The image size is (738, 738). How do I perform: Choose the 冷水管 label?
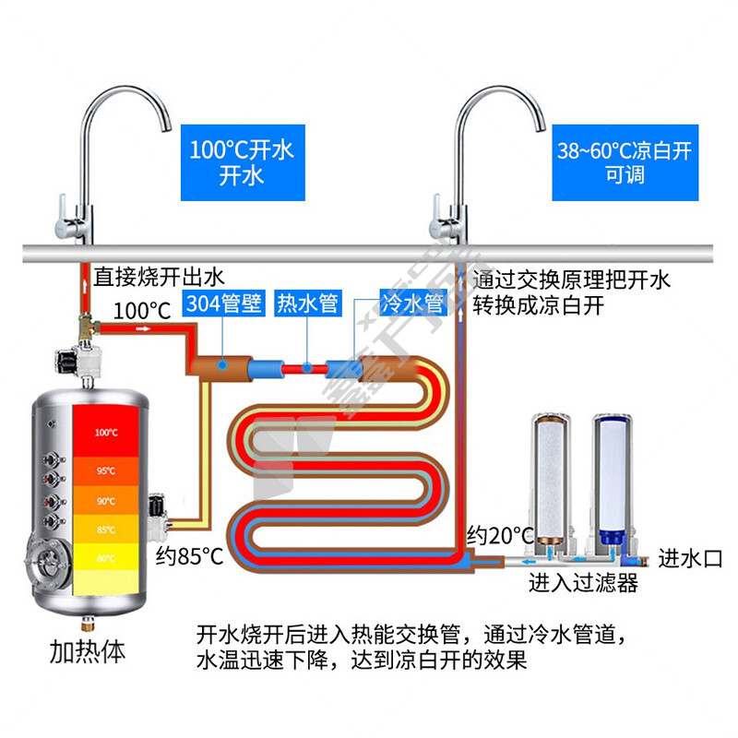coord(412,304)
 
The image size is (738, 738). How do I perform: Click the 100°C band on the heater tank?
coord(106,432)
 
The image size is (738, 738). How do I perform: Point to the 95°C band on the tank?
coord(106,470)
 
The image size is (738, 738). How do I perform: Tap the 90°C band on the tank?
coord(106,501)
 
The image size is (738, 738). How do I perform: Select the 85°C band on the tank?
coord(106,530)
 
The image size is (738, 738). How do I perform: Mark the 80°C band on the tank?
coord(106,557)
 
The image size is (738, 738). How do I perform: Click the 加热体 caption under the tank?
coord(87,652)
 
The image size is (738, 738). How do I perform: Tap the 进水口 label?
coord(688,558)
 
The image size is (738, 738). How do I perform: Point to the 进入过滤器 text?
coord(583,583)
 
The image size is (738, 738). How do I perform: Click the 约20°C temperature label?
coord(501,534)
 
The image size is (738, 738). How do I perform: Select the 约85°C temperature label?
coord(189,555)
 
